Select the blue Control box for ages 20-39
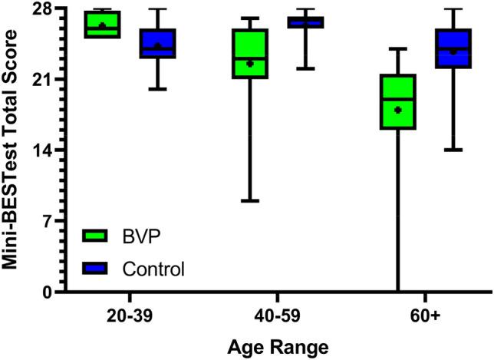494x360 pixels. pyautogui.click(x=157, y=43)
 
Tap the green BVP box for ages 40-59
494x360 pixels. pyautogui.click(x=250, y=54)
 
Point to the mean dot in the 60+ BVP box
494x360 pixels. pyautogui.click(x=398, y=110)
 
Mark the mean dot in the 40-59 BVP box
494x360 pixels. pyautogui.click(x=250, y=64)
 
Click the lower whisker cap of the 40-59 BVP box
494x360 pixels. pyautogui.click(x=250, y=201)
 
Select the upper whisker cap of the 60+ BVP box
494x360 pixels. pyautogui.click(x=398, y=48)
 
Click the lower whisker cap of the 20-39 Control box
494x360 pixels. pyautogui.click(x=157, y=89)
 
